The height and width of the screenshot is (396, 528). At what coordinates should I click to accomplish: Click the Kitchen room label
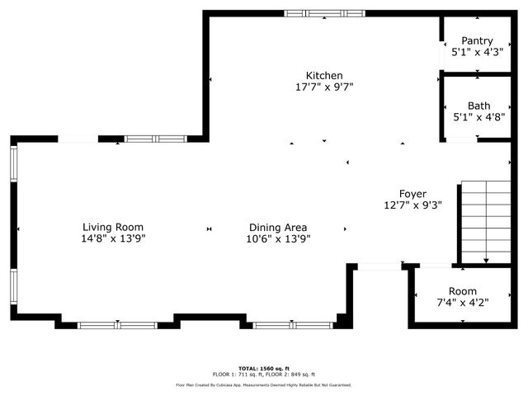coord(324,76)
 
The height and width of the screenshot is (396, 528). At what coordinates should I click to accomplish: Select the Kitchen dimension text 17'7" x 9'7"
coord(324,87)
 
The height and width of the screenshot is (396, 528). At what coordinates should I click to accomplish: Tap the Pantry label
coord(477,40)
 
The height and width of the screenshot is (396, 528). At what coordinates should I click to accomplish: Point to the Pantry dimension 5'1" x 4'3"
coord(477,52)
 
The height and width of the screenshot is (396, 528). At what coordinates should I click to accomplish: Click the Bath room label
coord(478,106)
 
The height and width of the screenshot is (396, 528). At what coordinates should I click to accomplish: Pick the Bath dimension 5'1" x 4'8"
coord(478,117)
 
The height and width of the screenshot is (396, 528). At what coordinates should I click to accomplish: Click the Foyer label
coord(413,194)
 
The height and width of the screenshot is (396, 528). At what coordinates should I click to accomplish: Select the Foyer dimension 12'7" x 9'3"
coord(413,205)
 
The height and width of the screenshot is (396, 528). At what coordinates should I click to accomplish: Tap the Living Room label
coord(113,227)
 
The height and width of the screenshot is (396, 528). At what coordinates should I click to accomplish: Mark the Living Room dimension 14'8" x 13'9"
coord(113,238)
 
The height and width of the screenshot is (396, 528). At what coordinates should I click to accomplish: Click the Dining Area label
coord(279,227)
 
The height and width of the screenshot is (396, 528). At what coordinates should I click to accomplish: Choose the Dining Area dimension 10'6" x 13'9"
coord(279,238)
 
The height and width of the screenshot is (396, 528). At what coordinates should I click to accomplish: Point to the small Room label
coord(462,291)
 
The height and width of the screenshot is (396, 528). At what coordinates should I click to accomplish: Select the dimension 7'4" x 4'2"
coord(462,303)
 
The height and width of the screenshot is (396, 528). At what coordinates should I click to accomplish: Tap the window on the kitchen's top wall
coord(324,13)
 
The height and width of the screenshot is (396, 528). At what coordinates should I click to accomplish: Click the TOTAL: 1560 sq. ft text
coord(264,368)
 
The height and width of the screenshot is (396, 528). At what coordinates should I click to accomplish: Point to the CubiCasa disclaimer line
coord(264,384)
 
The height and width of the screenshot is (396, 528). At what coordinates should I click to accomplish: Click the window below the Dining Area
coord(280,325)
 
